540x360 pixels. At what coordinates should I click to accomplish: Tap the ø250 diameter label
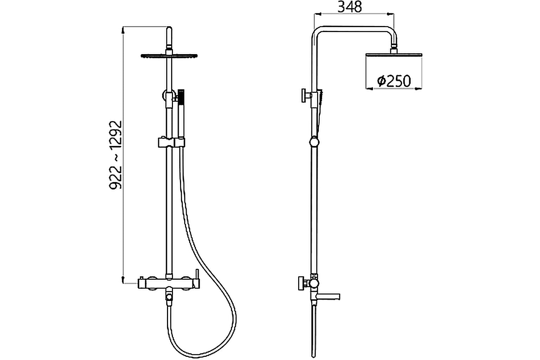(x=394, y=81)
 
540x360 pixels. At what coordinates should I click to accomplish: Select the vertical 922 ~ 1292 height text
(x=116, y=155)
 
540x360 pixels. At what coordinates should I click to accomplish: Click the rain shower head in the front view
(x=169, y=55)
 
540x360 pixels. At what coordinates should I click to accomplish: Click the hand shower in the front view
(x=181, y=112)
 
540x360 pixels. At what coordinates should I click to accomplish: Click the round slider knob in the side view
(x=314, y=142)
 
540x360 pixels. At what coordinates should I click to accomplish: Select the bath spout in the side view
(x=328, y=296)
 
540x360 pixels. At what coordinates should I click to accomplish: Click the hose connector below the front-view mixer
(x=169, y=297)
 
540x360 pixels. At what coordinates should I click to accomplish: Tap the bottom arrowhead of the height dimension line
(x=123, y=280)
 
